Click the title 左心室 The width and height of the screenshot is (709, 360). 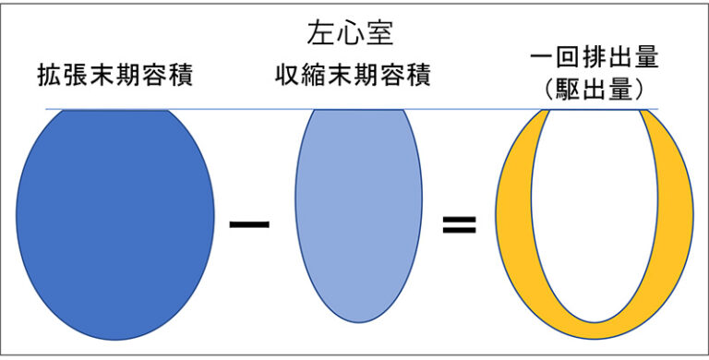pyautogui.click(x=350, y=34)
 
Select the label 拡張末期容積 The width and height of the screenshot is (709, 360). pyautogui.click(x=114, y=75)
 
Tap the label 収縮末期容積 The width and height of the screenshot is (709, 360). pyautogui.click(x=353, y=75)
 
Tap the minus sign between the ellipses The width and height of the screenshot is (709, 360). pyautogui.click(x=248, y=224)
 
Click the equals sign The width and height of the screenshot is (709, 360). pyautogui.click(x=459, y=224)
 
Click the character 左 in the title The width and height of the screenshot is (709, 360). pyautogui.click(x=320, y=34)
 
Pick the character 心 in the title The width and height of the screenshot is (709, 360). pyautogui.click(x=350, y=34)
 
